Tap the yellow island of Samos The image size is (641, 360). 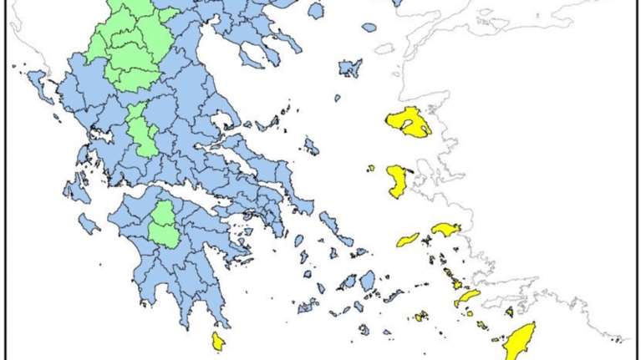[445, 228]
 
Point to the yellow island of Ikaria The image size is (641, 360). [408, 240]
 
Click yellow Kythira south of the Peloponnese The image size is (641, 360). [217, 341]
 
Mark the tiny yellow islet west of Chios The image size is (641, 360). [370, 168]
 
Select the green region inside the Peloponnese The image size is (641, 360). [163, 224]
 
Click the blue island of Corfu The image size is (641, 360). [40, 84]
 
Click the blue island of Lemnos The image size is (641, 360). [350, 67]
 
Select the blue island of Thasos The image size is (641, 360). [315, 11]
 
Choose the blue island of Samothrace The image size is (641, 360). [369, 28]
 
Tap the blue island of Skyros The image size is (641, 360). [311, 147]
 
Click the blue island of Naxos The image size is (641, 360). [367, 281]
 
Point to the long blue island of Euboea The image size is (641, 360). [251, 163]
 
